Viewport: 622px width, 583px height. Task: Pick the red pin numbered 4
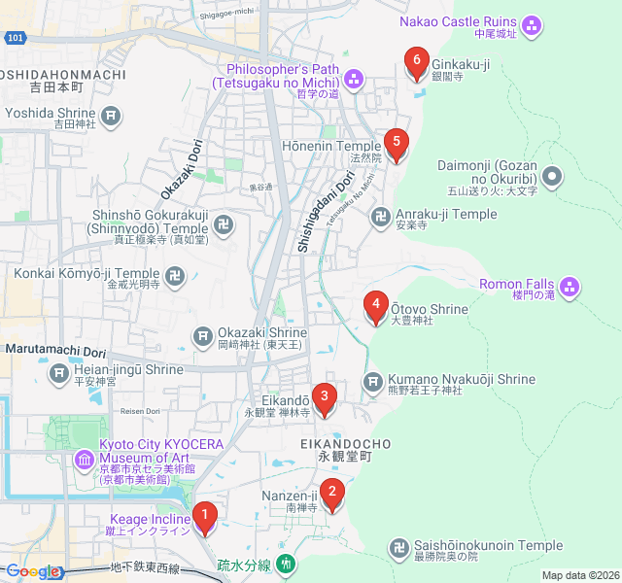pyautogui.click(x=376, y=308)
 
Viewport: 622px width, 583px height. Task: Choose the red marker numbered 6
pyautogui.click(x=417, y=64)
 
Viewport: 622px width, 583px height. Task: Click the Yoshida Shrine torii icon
pyautogui.click(x=112, y=118)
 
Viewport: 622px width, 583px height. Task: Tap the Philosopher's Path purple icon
pyautogui.click(x=355, y=77)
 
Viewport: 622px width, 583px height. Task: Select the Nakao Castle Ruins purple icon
pyautogui.click(x=532, y=26)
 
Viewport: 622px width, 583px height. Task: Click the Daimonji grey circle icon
pyautogui.click(x=552, y=176)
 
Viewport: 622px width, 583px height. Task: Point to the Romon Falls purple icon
pyautogui.click(x=570, y=286)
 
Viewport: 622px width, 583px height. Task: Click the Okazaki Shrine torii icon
pyautogui.click(x=203, y=336)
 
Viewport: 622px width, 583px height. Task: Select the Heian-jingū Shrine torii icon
pyautogui.click(x=60, y=372)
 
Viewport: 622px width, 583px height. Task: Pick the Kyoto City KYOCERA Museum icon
pyautogui.click(x=85, y=458)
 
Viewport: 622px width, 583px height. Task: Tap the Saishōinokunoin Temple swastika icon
pyautogui.click(x=398, y=549)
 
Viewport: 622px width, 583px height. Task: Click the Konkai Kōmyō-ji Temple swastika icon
pyautogui.click(x=176, y=277)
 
